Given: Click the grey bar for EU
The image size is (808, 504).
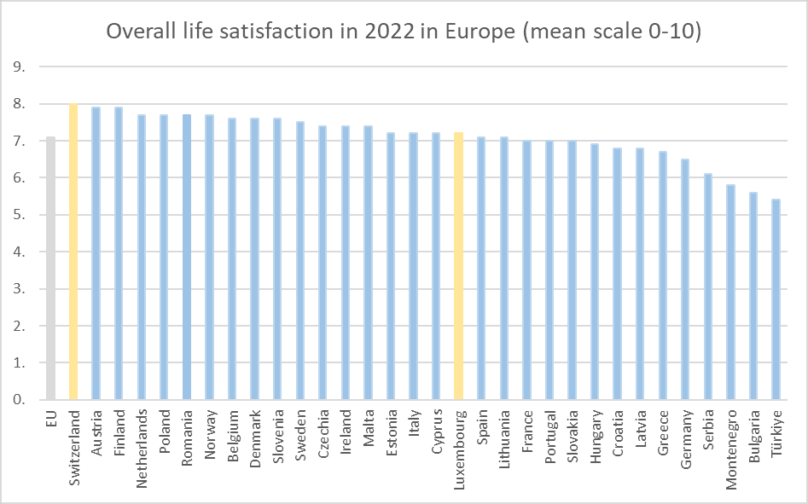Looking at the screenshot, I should [50, 268].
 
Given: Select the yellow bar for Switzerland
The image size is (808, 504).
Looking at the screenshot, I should [73, 252].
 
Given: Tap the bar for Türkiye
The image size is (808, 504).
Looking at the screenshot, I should [775, 299].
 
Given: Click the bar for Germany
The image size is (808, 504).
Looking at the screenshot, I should [684, 279].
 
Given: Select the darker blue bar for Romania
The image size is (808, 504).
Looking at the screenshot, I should [186, 257].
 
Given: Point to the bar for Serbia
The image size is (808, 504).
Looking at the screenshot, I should [707, 287].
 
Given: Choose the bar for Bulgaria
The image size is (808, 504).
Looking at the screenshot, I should [753, 296].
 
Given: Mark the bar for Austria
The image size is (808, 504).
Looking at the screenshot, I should [96, 253].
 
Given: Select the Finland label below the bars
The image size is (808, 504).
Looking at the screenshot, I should [119, 431].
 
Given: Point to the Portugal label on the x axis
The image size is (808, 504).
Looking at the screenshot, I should [549, 433].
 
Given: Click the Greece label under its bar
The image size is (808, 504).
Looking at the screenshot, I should [662, 429].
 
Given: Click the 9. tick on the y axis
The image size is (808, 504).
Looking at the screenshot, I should [20, 67].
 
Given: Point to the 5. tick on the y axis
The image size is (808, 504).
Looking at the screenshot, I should [20, 215].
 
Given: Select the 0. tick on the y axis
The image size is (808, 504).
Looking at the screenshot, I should [20, 400].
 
